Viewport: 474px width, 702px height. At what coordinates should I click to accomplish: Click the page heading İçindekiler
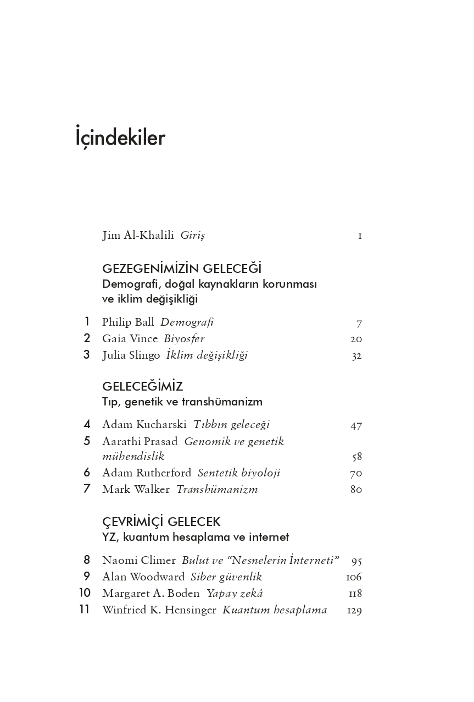120,138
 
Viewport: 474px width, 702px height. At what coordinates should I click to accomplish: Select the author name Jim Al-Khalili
138,235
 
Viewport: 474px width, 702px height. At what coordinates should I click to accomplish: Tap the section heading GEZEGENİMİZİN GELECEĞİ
181,269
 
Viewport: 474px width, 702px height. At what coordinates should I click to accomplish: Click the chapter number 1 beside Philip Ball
86,322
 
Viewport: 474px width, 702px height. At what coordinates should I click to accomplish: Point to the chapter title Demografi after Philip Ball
187,322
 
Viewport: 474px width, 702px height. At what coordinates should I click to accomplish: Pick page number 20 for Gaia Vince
356,339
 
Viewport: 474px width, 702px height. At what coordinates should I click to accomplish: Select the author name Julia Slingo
131,355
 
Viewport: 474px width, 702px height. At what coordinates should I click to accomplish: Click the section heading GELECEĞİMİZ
142,387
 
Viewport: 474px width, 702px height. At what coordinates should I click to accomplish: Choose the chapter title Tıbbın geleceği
231,425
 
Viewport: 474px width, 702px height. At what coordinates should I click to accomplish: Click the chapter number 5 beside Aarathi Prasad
87,441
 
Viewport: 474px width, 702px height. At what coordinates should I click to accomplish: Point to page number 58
356,457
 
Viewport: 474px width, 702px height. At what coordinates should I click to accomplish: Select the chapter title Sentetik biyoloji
238,473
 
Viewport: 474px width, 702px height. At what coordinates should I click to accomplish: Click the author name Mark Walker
136,489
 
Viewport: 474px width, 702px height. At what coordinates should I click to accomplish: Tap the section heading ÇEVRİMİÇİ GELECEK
161,522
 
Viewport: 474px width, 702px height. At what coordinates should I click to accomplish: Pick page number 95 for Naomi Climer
356,561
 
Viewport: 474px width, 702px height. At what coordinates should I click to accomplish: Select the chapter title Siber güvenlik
226,577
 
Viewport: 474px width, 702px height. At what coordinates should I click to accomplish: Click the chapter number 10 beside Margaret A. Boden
85,593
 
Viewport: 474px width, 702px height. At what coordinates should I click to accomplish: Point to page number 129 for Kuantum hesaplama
354,610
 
